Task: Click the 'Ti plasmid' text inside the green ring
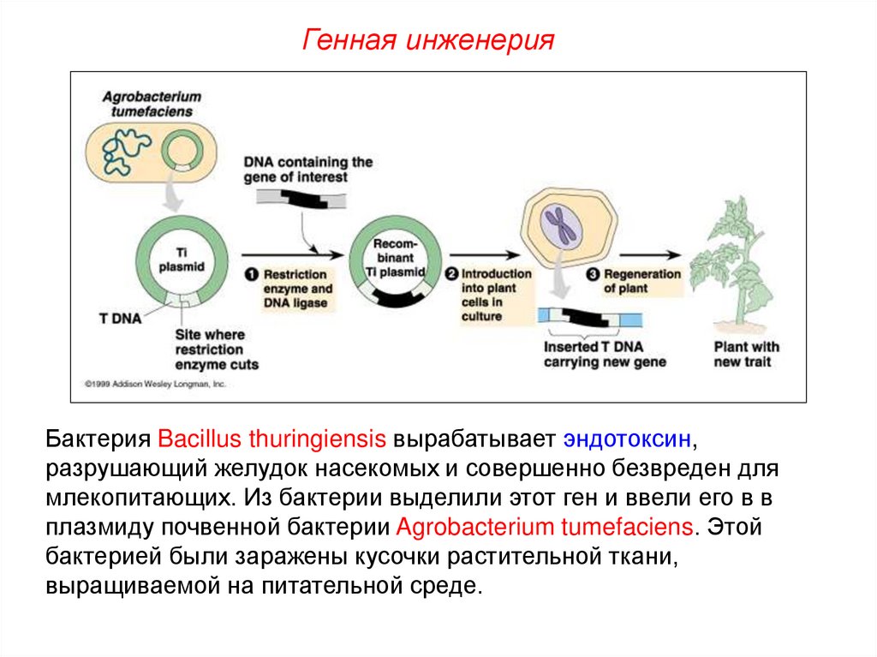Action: [x=181, y=259]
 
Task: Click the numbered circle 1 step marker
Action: [x=251, y=275]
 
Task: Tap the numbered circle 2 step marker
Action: [x=451, y=274]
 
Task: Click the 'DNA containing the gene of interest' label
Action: [x=307, y=169]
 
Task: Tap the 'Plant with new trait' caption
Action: [x=747, y=355]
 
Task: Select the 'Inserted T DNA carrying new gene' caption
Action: [x=605, y=355]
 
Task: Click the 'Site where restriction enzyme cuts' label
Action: [x=216, y=349]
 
